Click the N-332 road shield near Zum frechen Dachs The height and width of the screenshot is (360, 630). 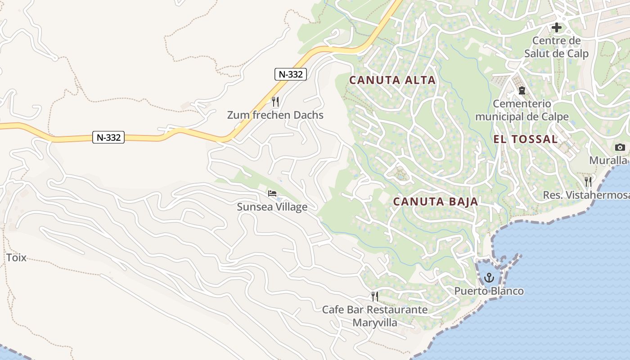coord(290,74)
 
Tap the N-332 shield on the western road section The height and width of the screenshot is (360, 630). coord(108,137)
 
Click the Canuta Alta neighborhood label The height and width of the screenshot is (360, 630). coord(392,80)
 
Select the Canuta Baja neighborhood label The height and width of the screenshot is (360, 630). coord(436,201)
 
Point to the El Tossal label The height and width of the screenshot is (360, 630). coord(526,139)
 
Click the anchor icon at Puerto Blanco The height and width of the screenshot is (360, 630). coord(489,278)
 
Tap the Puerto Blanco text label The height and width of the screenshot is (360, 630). coord(489,291)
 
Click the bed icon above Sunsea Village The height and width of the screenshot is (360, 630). coord(272,193)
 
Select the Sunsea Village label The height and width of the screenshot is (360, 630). coord(272,207)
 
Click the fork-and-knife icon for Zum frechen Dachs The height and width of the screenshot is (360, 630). coord(275,101)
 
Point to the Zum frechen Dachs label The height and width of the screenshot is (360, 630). coord(275,115)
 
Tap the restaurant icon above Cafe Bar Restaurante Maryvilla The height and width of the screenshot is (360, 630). coord(374,296)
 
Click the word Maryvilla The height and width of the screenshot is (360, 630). coord(375,323)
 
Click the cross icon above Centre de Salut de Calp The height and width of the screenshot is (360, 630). coord(557,27)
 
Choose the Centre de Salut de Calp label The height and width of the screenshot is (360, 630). coord(557,47)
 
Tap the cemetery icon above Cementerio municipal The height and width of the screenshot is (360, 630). coord(522,90)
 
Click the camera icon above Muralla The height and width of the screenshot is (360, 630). coord(620,147)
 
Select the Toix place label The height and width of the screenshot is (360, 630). coord(16,258)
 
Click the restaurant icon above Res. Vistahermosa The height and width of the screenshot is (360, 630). coord(588,181)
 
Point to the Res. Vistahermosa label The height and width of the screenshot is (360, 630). coord(586,195)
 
